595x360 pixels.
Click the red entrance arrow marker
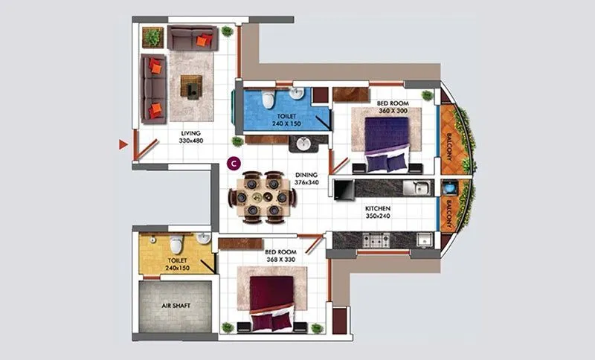click(x=123, y=144)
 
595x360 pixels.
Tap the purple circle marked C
click(x=233, y=161)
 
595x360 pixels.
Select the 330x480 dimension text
click(x=191, y=140)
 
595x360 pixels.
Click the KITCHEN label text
click(x=378, y=208)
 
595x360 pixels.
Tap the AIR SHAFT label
click(x=176, y=306)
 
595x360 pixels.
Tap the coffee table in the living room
click(x=191, y=86)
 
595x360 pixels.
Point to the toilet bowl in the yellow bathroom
click(x=176, y=244)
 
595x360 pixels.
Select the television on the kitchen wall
click(x=344, y=190)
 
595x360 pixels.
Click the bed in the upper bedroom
click(x=386, y=138)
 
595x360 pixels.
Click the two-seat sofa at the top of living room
click(x=192, y=37)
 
